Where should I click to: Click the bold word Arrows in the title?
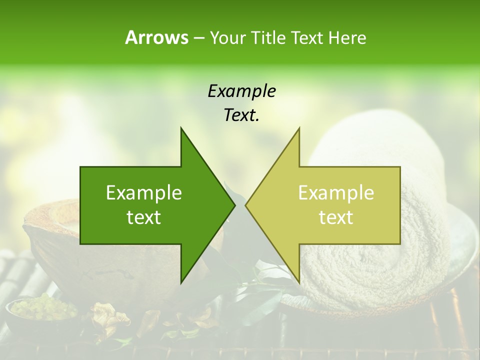156,37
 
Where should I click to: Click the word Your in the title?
227,37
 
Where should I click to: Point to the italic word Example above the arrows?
241,91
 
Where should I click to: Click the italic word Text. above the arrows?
241,115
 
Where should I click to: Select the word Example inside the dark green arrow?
144,193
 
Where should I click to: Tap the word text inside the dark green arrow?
144,217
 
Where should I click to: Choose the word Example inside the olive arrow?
336,193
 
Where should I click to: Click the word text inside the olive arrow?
336,217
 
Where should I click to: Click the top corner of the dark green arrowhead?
181,128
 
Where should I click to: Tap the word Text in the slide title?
306,37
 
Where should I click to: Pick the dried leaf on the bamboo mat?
107,317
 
